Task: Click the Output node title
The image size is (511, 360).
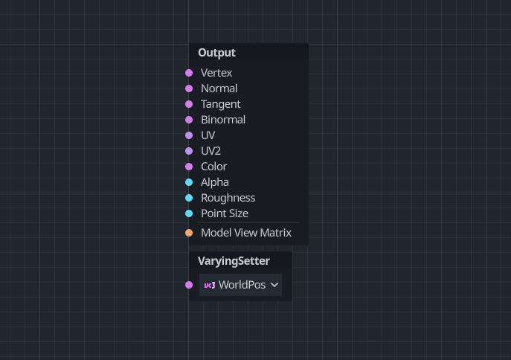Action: pyautogui.click(x=216, y=53)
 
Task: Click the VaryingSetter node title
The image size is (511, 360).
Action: pyautogui.click(x=234, y=261)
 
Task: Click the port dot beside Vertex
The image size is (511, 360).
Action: pyautogui.click(x=189, y=73)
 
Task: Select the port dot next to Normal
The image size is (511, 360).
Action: pyautogui.click(x=189, y=89)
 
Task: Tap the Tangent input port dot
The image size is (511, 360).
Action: pyautogui.click(x=189, y=104)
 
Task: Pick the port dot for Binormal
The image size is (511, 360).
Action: pyautogui.click(x=189, y=120)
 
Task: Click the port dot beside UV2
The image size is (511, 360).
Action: pyautogui.click(x=189, y=151)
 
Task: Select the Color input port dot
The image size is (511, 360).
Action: pyautogui.click(x=189, y=167)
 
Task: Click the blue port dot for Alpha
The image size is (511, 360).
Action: pyautogui.click(x=189, y=182)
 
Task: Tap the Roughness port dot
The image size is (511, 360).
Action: pyautogui.click(x=189, y=198)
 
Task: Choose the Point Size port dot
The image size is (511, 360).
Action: pyautogui.click(x=189, y=213)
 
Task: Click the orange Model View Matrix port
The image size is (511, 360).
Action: pyautogui.click(x=189, y=233)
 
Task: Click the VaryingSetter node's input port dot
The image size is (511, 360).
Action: pyautogui.click(x=189, y=285)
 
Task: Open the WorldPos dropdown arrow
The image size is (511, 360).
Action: pyautogui.click(x=274, y=285)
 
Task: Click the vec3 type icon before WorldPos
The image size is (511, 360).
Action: pyautogui.click(x=210, y=285)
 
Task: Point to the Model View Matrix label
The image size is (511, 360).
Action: pyautogui.click(x=245, y=233)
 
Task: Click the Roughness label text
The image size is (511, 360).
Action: pyautogui.click(x=228, y=198)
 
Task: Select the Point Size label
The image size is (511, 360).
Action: pyautogui.click(x=224, y=213)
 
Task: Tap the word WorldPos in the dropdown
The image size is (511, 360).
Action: pyautogui.click(x=242, y=285)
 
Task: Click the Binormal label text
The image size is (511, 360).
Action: pyautogui.click(x=222, y=120)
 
